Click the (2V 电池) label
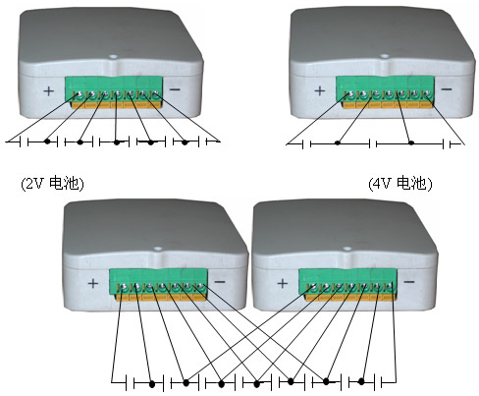(x=52, y=184)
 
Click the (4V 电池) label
(x=400, y=184)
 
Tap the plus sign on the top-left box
(x=48, y=90)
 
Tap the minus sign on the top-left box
(x=175, y=89)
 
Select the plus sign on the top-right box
(x=320, y=90)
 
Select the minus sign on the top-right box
(x=447, y=88)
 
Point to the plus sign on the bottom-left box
(x=93, y=283)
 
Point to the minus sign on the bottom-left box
(x=220, y=282)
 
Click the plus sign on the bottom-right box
(x=282, y=283)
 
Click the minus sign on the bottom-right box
(x=409, y=282)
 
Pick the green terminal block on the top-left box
(x=114, y=89)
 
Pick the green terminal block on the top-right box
(x=385, y=88)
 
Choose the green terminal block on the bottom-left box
(x=158, y=281)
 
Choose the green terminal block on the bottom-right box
(x=347, y=281)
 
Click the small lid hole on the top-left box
(x=113, y=56)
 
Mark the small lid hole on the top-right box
(x=385, y=56)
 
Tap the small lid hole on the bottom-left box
(x=158, y=249)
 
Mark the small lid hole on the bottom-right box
(x=346, y=249)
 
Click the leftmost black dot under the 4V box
(x=338, y=142)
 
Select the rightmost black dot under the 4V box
(x=411, y=142)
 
